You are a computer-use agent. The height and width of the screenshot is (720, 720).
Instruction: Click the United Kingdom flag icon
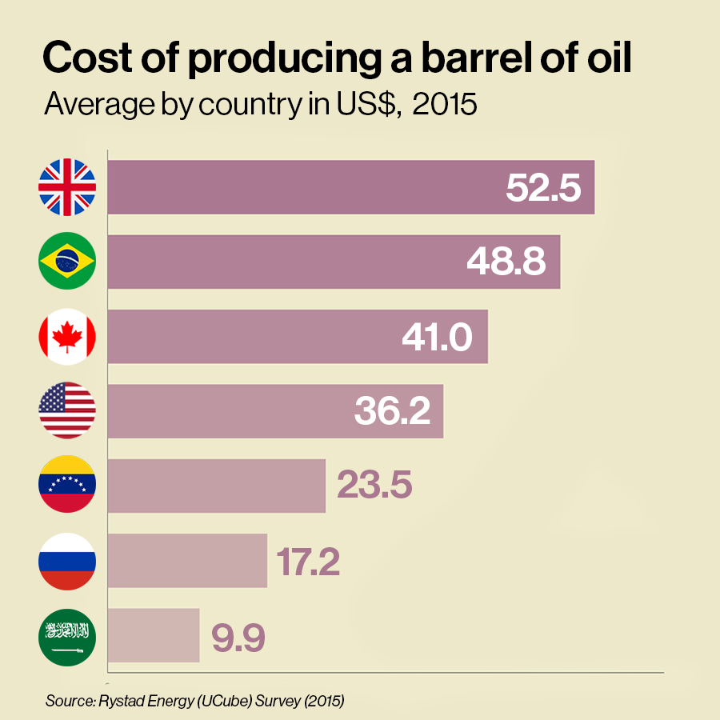point(67,187)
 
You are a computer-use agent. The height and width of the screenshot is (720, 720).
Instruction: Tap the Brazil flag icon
point(67,261)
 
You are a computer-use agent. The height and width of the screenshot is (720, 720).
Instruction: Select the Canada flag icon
point(67,336)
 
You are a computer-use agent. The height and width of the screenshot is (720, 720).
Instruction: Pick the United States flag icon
point(67,410)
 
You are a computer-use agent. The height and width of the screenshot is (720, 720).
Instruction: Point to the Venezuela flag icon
point(67,485)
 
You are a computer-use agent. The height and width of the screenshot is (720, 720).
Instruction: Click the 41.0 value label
point(437,337)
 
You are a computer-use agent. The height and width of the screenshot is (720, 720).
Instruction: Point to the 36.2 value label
point(392,411)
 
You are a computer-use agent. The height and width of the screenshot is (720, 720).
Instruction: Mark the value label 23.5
point(374,486)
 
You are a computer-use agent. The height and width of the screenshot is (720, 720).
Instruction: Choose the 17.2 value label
point(309,561)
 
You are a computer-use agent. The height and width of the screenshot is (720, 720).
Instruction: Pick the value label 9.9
point(238,636)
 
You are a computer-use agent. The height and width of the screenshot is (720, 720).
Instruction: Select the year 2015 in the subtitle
point(445,105)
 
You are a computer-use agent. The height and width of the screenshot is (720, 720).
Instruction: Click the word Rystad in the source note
point(119,701)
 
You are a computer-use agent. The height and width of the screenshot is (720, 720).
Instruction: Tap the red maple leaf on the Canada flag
point(67,335)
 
